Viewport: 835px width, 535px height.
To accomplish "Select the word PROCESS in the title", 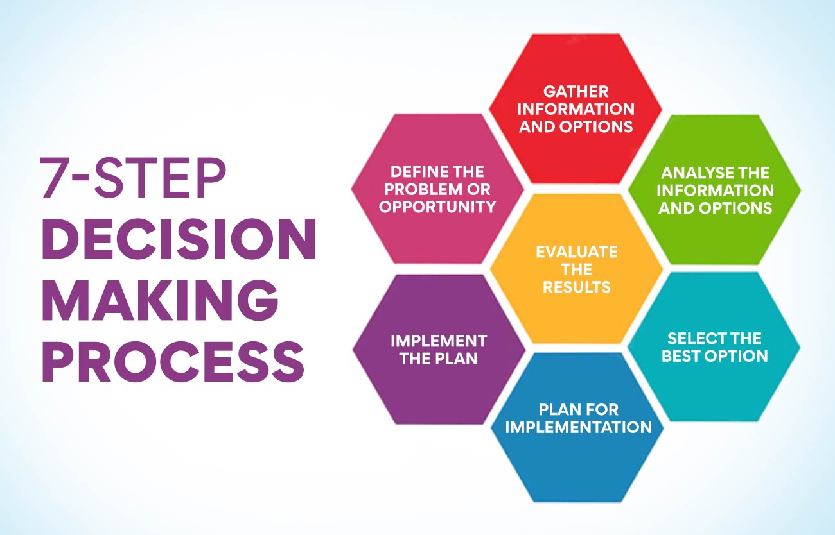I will pos(173,361).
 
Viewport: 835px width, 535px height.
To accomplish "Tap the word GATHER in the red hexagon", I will pos(576,92).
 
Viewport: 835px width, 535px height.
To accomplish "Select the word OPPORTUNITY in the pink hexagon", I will pos(437,207).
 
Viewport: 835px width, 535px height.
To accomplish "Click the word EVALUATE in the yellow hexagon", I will pos(576,251).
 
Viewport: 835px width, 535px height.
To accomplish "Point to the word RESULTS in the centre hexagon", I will pos(576,287).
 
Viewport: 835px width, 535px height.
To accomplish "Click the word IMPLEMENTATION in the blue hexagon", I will pos(578,427).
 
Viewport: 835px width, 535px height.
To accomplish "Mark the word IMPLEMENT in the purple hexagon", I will pos(439,341).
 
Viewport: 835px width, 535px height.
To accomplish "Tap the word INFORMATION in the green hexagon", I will pos(715,191).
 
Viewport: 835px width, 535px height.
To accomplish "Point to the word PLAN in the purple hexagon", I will pos(455,358).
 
